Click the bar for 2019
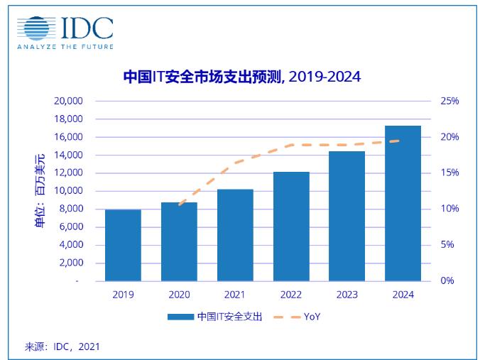coord(122,245)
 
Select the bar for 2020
coord(179,241)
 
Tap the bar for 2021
coord(235,235)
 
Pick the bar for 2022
coord(291,227)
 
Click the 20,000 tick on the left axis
coord(68,101)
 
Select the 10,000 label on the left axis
coord(68,191)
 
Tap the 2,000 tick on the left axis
coord(71,263)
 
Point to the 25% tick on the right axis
coord(449,101)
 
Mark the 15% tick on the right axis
coord(449,173)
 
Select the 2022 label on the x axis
coord(291,294)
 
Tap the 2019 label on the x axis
coord(122,294)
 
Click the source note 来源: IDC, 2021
coord(62,347)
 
